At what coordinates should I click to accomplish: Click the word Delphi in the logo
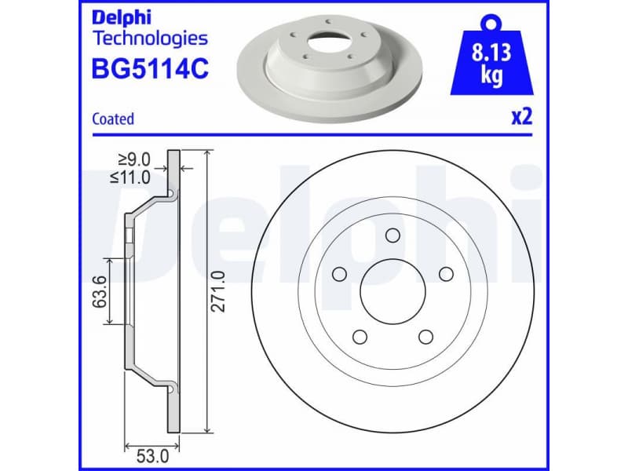[122, 17]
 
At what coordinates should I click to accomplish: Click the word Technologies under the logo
[150, 38]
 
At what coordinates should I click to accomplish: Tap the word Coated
[113, 119]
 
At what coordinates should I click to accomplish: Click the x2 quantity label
[522, 118]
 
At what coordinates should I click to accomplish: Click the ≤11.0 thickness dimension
[130, 177]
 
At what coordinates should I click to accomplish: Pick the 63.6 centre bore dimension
[99, 290]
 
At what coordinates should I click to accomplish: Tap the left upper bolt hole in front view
[339, 274]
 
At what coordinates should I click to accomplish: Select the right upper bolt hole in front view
[446, 274]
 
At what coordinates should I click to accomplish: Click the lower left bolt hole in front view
[360, 337]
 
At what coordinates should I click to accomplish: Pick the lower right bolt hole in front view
[425, 337]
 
